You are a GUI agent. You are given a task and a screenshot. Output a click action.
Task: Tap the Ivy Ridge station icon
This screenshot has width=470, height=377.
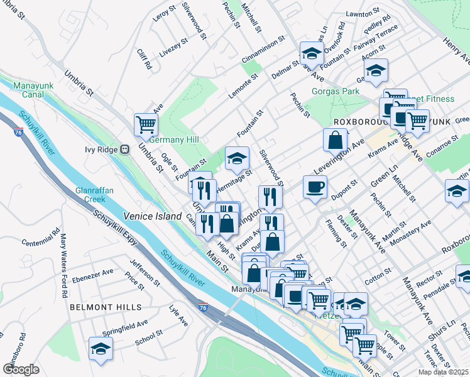(124, 150)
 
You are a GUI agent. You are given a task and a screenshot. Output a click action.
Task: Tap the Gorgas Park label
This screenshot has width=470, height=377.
(336, 91)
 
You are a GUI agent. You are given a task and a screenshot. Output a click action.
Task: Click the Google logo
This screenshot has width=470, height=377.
(21, 369)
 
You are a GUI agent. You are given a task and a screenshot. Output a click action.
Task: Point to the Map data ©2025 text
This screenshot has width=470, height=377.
(442, 371)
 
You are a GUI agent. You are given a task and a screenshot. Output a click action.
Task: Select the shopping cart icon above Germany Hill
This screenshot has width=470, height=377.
(146, 124)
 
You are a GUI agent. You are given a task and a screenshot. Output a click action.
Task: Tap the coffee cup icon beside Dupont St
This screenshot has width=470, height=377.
(315, 186)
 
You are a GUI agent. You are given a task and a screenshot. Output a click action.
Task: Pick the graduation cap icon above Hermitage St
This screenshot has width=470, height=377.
(236, 158)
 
